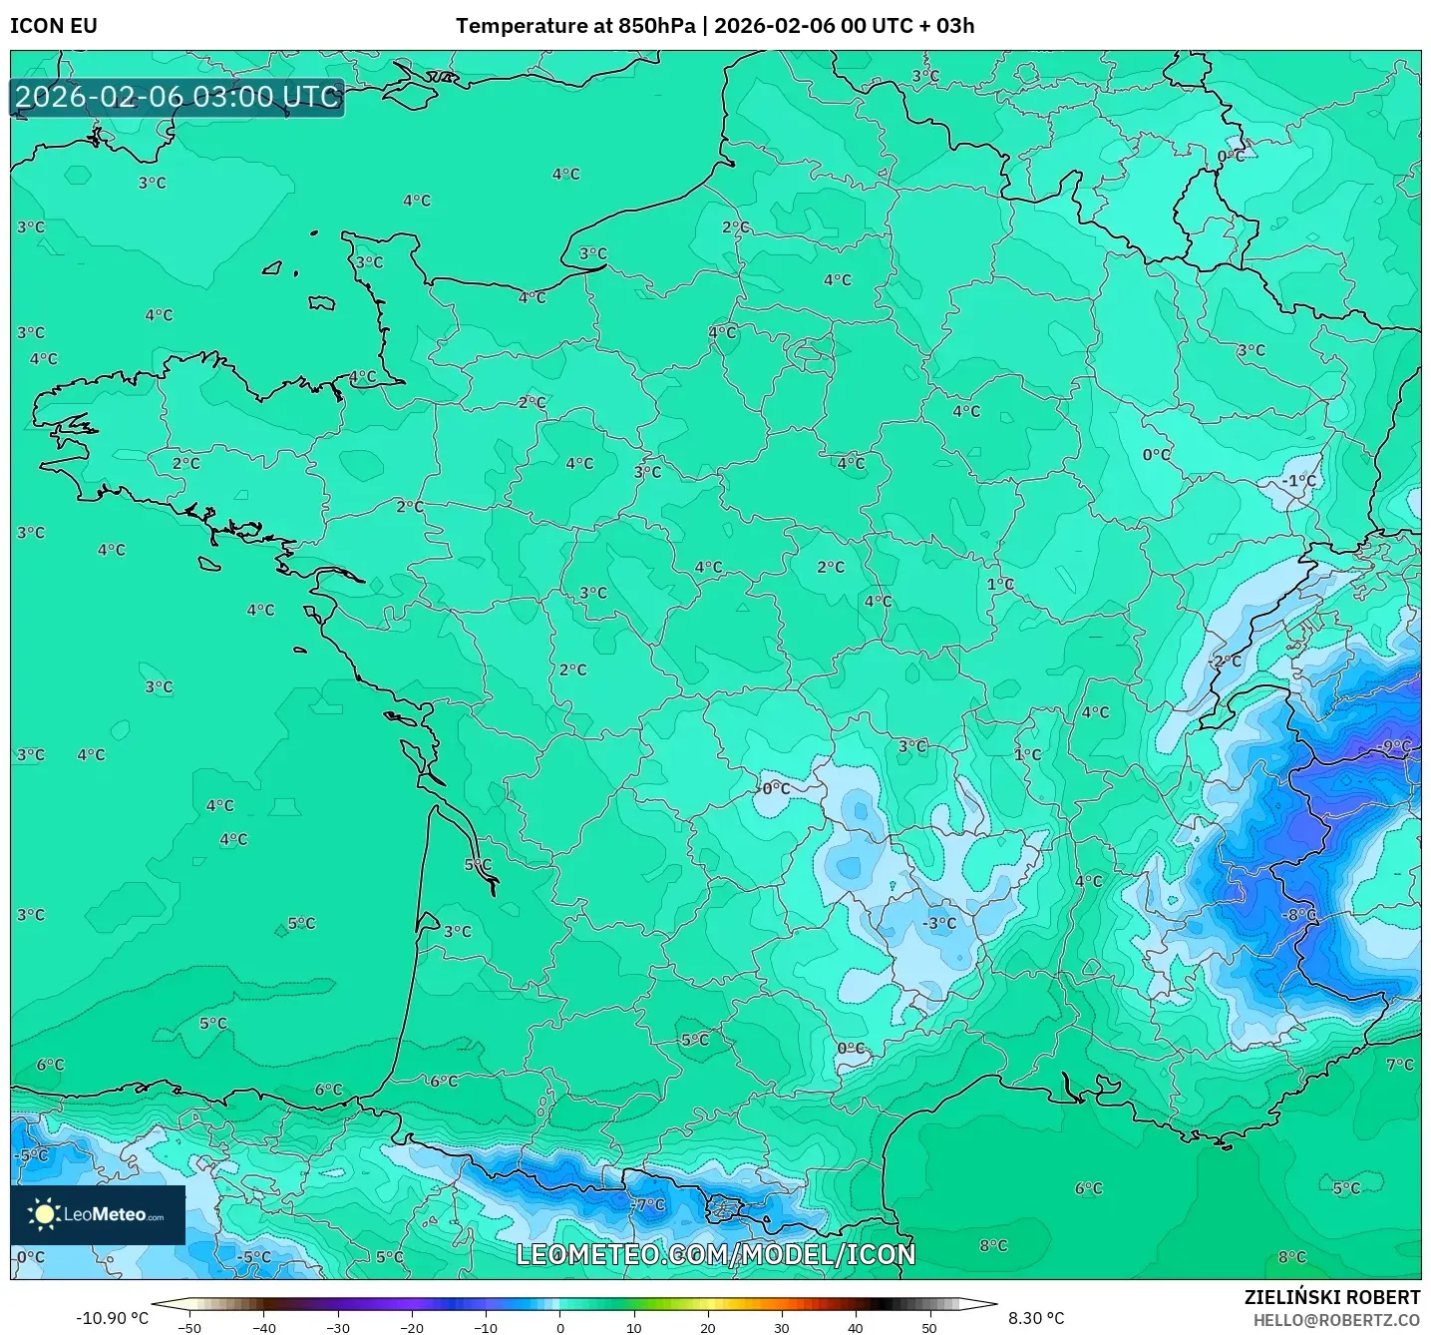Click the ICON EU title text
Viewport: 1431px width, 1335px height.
(x=54, y=26)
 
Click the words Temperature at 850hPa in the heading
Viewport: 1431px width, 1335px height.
(x=575, y=26)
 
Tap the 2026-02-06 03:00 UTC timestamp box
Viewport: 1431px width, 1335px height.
(x=178, y=98)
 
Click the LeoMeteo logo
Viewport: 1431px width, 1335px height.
(x=98, y=1214)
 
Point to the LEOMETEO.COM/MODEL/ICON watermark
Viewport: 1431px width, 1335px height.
(x=715, y=1254)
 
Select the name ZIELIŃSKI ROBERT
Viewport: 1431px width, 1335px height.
(x=1331, y=1297)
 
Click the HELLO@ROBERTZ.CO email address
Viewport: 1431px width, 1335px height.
(x=1335, y=1320)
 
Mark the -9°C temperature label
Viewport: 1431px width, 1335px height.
(x=1395, y=745)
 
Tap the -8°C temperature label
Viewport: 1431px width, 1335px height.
(x=1299, y=914)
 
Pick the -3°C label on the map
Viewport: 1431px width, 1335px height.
(x=939, y=923)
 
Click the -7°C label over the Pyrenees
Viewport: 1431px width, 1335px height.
(x=648, y=1204)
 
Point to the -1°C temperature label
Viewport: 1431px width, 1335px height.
(x=1299, y=480)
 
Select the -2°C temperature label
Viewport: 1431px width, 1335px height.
(x=1226, y=661)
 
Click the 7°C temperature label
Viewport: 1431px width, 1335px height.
(x=1400, y=1065)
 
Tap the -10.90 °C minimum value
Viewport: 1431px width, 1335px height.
(x=112, y=1318)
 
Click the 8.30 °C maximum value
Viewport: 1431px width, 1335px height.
(x=1036, y=1318)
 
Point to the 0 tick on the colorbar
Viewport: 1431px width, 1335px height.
(x=559, y=1327)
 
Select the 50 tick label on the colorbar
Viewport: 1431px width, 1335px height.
(x=929, y=1327)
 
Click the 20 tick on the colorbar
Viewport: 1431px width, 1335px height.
(x=707, y=1327)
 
